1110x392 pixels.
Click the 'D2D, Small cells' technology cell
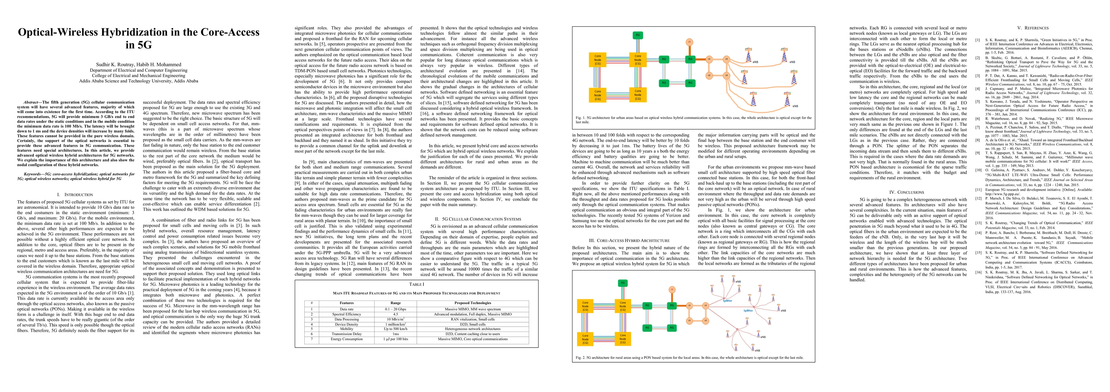point(472,324)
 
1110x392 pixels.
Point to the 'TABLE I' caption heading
point(416,285)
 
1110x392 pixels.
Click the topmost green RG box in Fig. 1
point(638,35)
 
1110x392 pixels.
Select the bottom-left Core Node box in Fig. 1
point(598,95)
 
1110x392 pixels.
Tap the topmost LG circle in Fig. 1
point(689,42)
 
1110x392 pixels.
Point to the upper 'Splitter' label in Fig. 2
point(727,301)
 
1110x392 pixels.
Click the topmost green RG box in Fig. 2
point(622,283)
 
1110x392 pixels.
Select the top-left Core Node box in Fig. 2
point(585,306)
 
